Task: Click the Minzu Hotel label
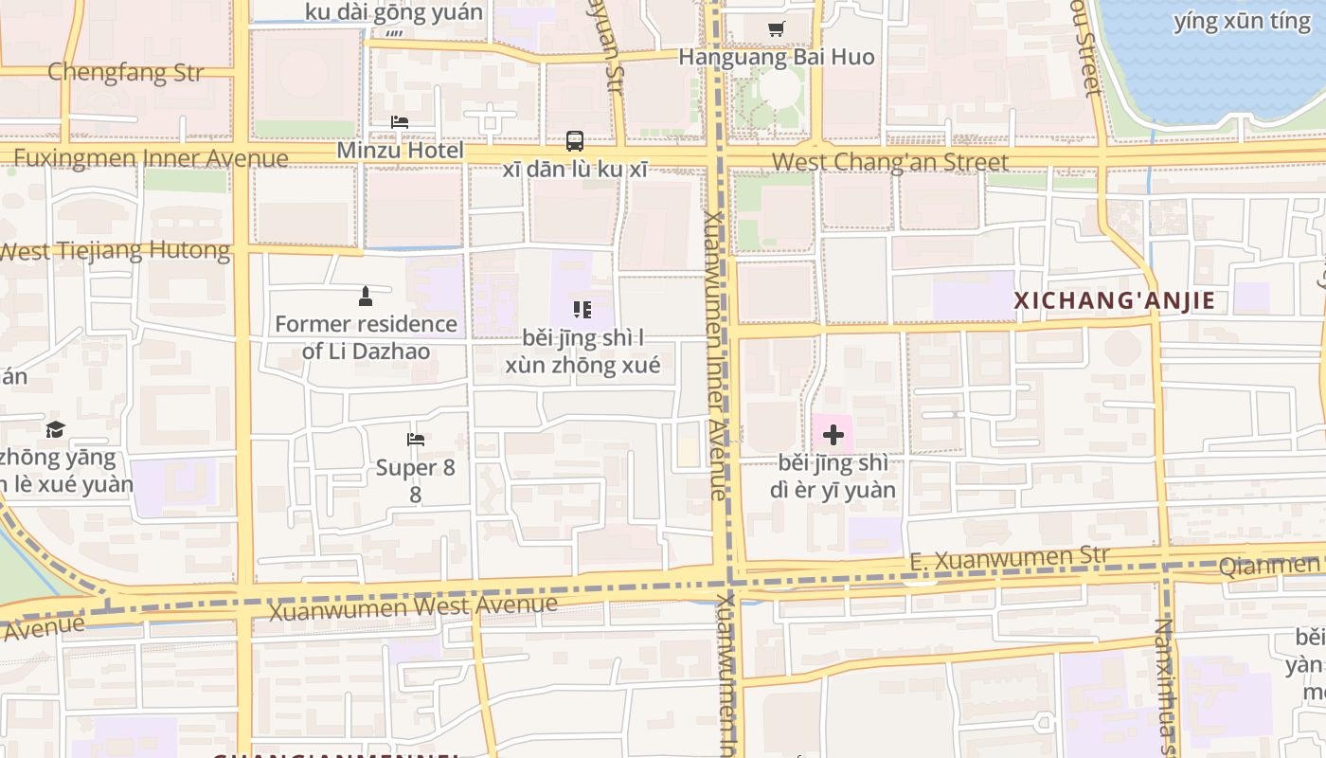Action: (401, 151)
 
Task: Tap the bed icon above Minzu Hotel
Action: (400, 122)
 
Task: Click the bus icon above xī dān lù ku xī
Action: (575, 141)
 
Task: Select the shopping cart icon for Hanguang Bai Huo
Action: (777, 29)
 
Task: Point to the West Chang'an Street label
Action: (890, 162)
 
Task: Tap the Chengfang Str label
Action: (125, 72)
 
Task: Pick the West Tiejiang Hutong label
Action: (115, 251)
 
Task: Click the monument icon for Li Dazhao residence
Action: (366, 297)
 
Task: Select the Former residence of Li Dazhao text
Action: (366, 337)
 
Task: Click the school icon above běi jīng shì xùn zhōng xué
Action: (582, 310)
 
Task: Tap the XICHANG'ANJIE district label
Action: (1115, 301)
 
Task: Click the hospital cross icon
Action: (833, 435)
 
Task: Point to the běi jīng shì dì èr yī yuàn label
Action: (833, 477)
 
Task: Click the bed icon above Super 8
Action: (415, 440)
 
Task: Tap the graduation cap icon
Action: (56, 429)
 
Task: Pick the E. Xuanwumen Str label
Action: (1009, 558)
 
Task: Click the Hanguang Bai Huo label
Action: (777, 57)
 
